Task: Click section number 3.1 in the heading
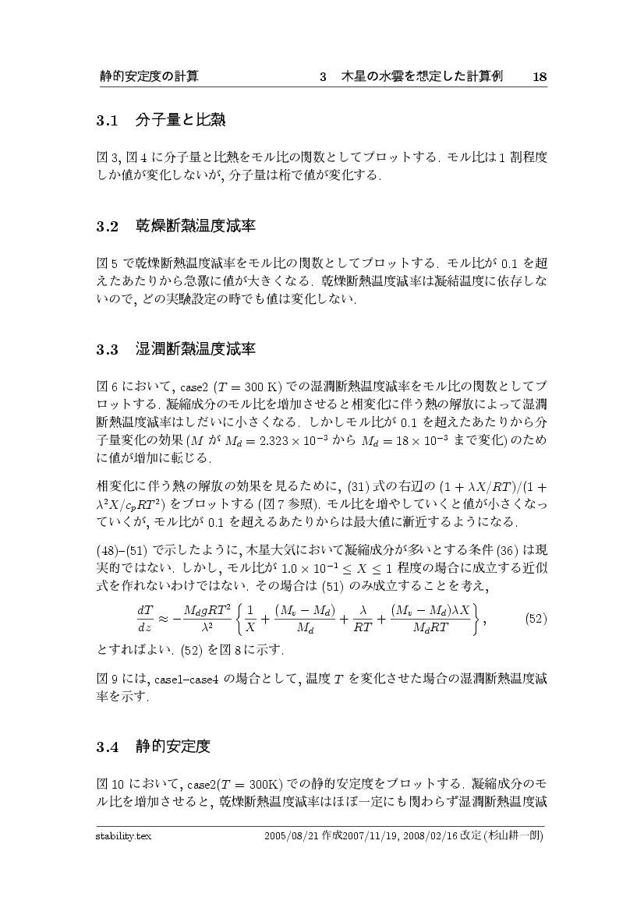coord(106,122)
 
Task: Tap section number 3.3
coord(106,349)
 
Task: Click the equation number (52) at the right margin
coord(535,619)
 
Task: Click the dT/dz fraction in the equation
coord(144,619)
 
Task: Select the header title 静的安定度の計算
coord(149,77)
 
